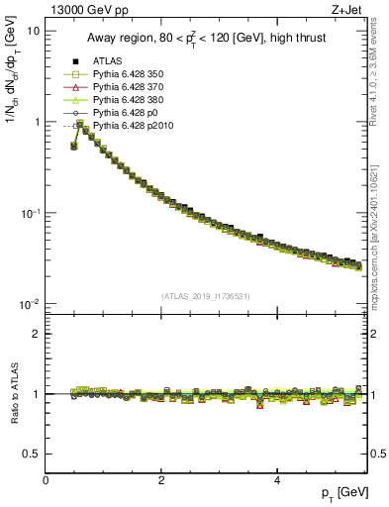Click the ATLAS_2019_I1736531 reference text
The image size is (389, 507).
pyautogui.click(x=205, y=296)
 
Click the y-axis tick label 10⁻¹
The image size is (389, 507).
pyautogui.click(x=30, y=213)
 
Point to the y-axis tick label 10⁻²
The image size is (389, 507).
pyautogui.click(x=30, y=304)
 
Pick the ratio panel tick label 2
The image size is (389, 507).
pyautogui.click(x=36, y=334)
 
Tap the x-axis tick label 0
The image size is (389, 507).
pyautogui.click(x=46, y=480)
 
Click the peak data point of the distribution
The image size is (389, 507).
pyautogui.click(x=79, y=125)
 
